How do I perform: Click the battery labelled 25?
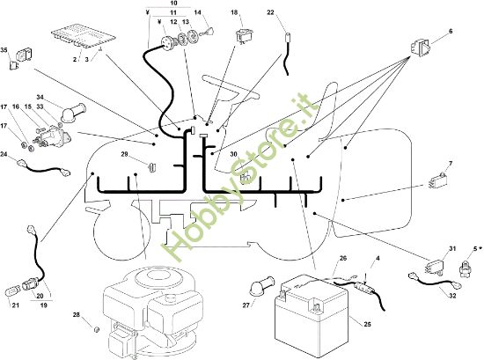point(312,311)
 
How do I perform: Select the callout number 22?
point(270,12)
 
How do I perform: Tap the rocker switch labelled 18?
point(243,35)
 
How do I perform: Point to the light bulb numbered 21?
point(14,290)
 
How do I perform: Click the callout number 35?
point(4,49)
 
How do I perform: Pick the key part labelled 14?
point(208,31)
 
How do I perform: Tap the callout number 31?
point(452,248)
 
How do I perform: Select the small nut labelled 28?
point(96,329)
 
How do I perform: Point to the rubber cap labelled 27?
point(261,285)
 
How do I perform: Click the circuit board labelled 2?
point(84,36)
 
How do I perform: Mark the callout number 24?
point(4,154)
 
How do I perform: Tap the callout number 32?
point(452,296)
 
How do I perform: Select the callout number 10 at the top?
point(173,4)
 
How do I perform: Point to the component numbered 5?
point(465,266)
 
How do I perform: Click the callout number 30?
point(234,154)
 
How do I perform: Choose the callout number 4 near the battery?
point(378,258)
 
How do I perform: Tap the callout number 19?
point(44,305)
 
